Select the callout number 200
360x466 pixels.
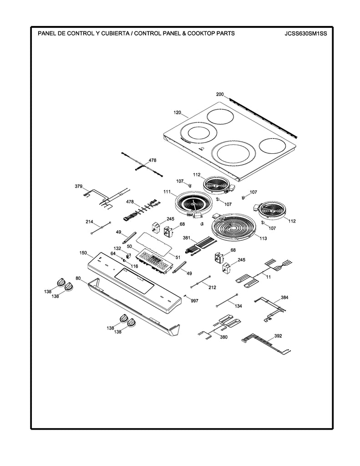(220, 94)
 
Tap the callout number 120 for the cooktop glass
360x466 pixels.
(177, 111)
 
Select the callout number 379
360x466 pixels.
(79, 187)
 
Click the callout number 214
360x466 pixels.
(90, 222)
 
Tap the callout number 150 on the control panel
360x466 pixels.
(83, 253)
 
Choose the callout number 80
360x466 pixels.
(78, 278)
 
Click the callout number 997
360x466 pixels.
(194, 301)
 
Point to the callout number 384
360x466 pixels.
(284, 297)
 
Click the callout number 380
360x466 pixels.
(223, 337)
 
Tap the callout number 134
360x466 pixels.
(238, 306)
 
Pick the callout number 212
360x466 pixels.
(212, 288)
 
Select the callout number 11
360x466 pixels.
(268, 276)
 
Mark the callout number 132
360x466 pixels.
(117, 248)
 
